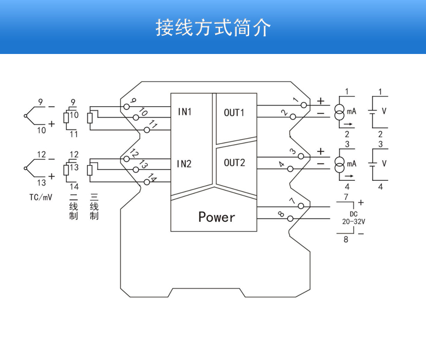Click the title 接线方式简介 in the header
pyautogui.click(x=213, y=27)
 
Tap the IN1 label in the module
pyautogui.click(x=185, y=112)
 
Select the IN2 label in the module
pyautogui.click(x=185, y=163)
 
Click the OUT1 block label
pyautogui.click(x=234, y=112)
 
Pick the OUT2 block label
pyautogui.click(x=234, y=162)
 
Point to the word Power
pyautogui.click(x=217, y=217)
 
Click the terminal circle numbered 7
pyautogui.click(x=304, y=206)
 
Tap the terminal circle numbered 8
pyautogui.click(x=291, y=219)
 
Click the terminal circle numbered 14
pyautogui.click(x=146, y=182)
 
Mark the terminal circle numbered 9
pyautogui.click(x=126, y=106)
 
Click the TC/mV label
pyautogui.click(x=41, y=197)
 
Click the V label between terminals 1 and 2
pyautogui.click(x=384, y=111)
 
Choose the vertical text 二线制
pyautogui.click(x=74, y=206)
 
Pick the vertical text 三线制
pyautogui.click(x=94, y=206)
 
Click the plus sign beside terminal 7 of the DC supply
pyautogui.click(x=361, y=202)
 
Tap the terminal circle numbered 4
pyautogui.click(x=291, y=169)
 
